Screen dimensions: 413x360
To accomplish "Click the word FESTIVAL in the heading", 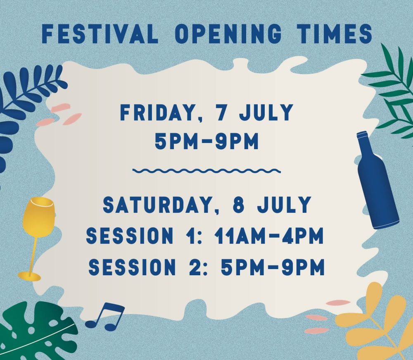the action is [x=100, y=34].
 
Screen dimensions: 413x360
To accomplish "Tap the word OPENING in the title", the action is [x=228, y=34].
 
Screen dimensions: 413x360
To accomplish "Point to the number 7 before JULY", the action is [x=222, y=112].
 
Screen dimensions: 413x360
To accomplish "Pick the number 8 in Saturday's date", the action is [x=238, y=205].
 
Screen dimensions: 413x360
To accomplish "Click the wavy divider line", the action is [x=206, y=171].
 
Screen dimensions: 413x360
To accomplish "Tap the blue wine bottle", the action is [x=377, y=180].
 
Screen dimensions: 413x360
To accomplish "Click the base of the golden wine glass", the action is [x=29, y=277].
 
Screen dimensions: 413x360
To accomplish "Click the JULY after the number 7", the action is [x=266, y=112].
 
